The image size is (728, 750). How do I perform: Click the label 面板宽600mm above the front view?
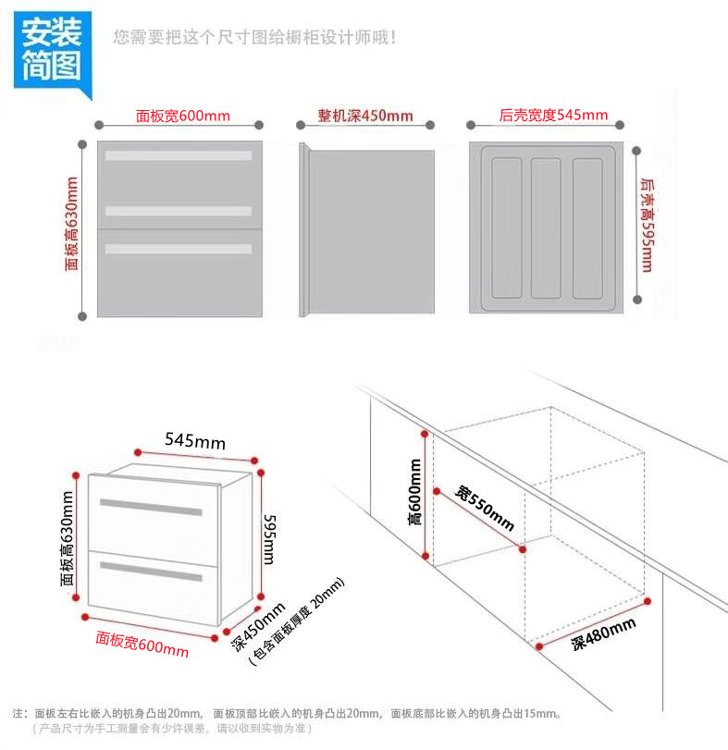tap(182, 117)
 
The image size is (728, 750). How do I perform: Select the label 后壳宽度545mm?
tap(553, 116)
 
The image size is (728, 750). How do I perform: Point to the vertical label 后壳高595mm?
tap(645, 225)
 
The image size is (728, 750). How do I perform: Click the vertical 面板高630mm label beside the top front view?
tap(72, 224)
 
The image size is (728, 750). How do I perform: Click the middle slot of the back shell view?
tap(545, 227)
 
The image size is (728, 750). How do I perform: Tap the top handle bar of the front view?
tap(179, 155)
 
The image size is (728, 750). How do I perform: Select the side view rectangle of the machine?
tap(370, 232)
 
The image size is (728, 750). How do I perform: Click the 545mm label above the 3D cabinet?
tap(195, 442)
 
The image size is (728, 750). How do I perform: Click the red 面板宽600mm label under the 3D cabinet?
tap(142, 645)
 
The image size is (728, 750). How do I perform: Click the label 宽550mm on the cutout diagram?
tap(484, 508)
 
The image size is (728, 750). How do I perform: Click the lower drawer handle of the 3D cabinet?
tap(152, 570)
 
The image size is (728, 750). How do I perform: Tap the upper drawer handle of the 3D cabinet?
tap(151, 508)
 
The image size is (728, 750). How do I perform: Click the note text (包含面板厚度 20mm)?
tap(296, 621)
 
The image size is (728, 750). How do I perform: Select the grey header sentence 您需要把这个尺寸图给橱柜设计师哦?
tap(255, 38)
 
